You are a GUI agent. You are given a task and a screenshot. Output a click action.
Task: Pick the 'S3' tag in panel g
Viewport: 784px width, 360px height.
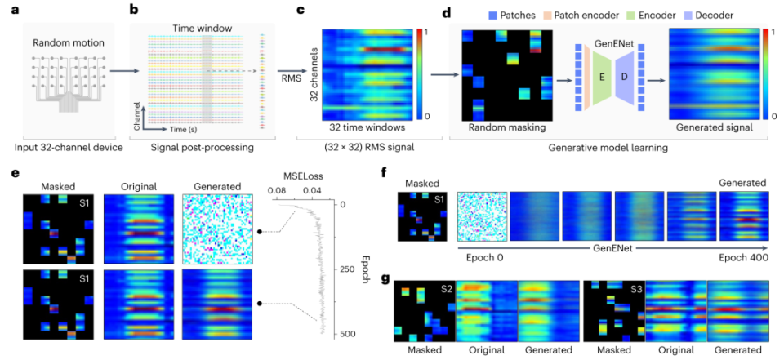point(630,288)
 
